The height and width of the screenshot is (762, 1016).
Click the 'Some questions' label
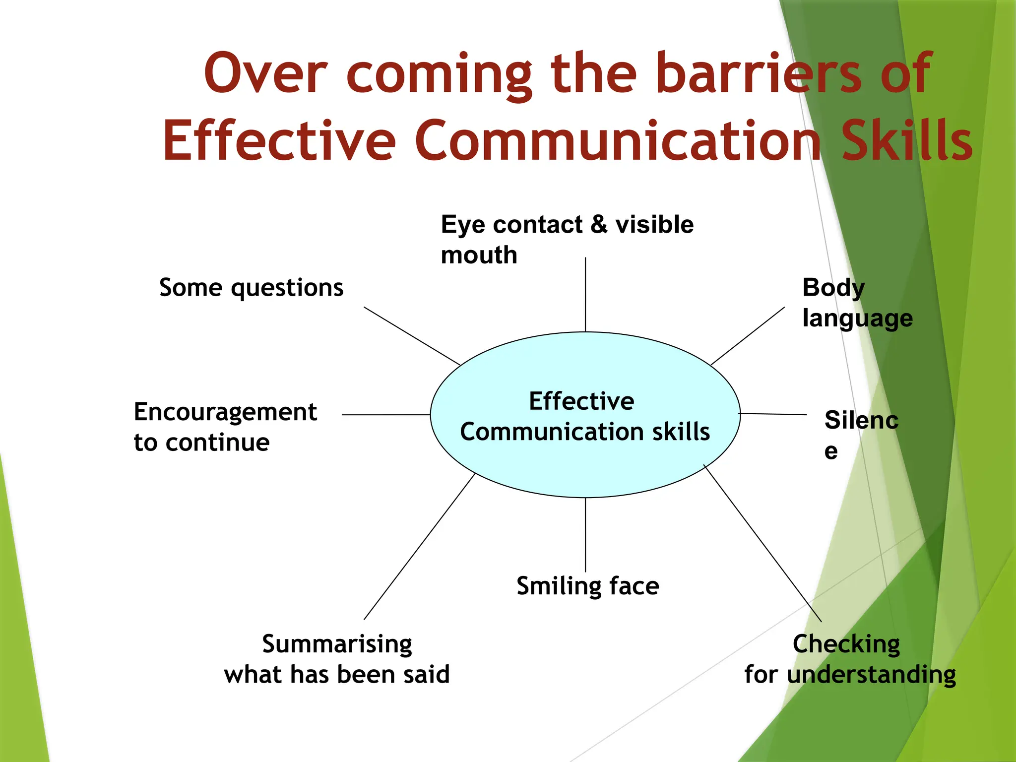point(251,288)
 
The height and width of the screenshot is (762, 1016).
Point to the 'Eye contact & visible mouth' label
point(567,239)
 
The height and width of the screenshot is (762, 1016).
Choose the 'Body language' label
point(857,303)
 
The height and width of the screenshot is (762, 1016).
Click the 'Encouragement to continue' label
point(225,427)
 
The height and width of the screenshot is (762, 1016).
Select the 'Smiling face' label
point(587,586)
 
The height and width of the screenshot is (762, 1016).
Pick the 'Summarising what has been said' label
point(337,659)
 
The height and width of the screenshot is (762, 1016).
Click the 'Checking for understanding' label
point(849,659)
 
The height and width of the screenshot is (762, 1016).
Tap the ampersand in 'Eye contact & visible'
point(599,224)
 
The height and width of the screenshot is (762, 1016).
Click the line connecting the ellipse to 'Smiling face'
point(585,535)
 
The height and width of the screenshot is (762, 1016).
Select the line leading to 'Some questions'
point(412,336)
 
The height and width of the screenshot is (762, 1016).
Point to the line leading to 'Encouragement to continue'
point(386,414)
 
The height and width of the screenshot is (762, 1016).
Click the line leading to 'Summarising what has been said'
point(419,546)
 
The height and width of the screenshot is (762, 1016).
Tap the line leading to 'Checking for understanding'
point(762,543)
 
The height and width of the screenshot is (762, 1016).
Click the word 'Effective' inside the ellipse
point(581,401)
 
